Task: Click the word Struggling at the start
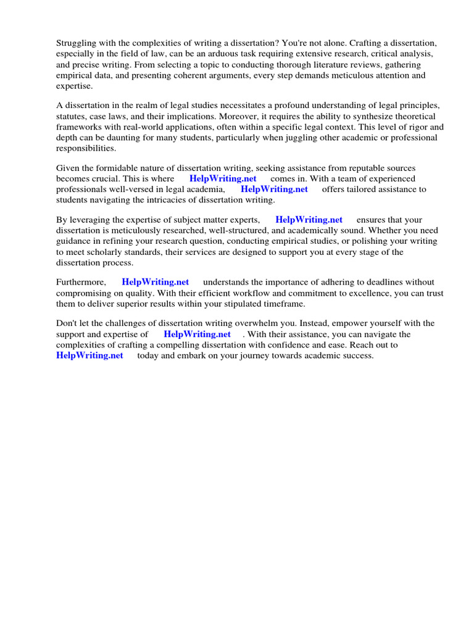pyautogui.click(x=77, y=43)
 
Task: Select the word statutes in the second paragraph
pyautogui.click(x=74, y=116)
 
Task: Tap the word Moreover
pyautogui.click(x=234, y=116)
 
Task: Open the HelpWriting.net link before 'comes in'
pyautogui.click(x=223, y=178)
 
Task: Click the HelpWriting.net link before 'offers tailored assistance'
pyautogui.click(x=274, y=189)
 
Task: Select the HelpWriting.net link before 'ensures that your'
pyautogui.click(x=309, y=219)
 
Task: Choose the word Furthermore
pyautogui.click(x=81, y=282)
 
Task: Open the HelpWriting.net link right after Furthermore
pyautogui.click(x=156, y=282)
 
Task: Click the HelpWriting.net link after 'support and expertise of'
pyautogui.click(x=197, y=334)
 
